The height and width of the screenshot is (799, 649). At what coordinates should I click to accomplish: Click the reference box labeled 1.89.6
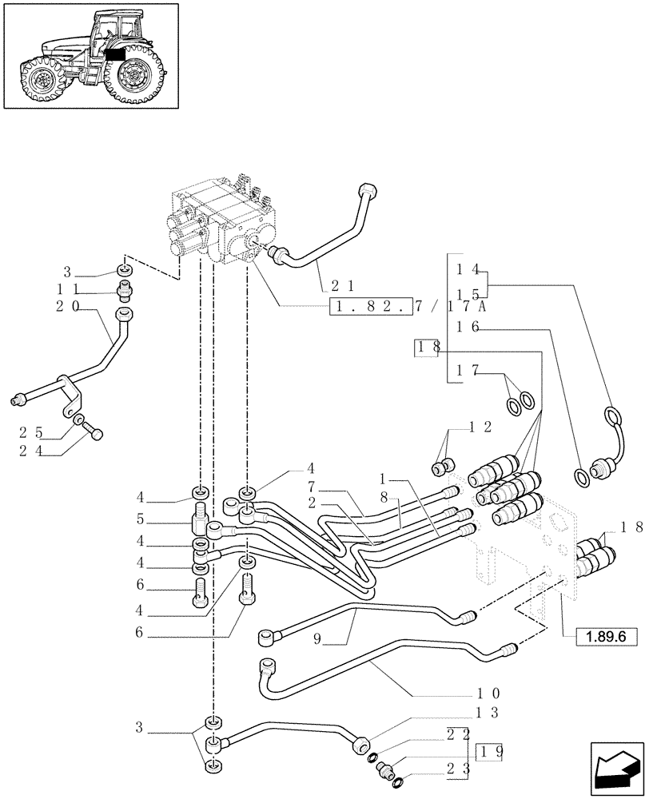[600, 636]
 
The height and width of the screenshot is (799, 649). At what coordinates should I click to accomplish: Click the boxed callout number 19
[489, 752]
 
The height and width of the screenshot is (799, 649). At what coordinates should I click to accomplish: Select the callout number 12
[480, 427]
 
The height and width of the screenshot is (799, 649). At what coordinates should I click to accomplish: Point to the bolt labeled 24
[97, 435]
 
